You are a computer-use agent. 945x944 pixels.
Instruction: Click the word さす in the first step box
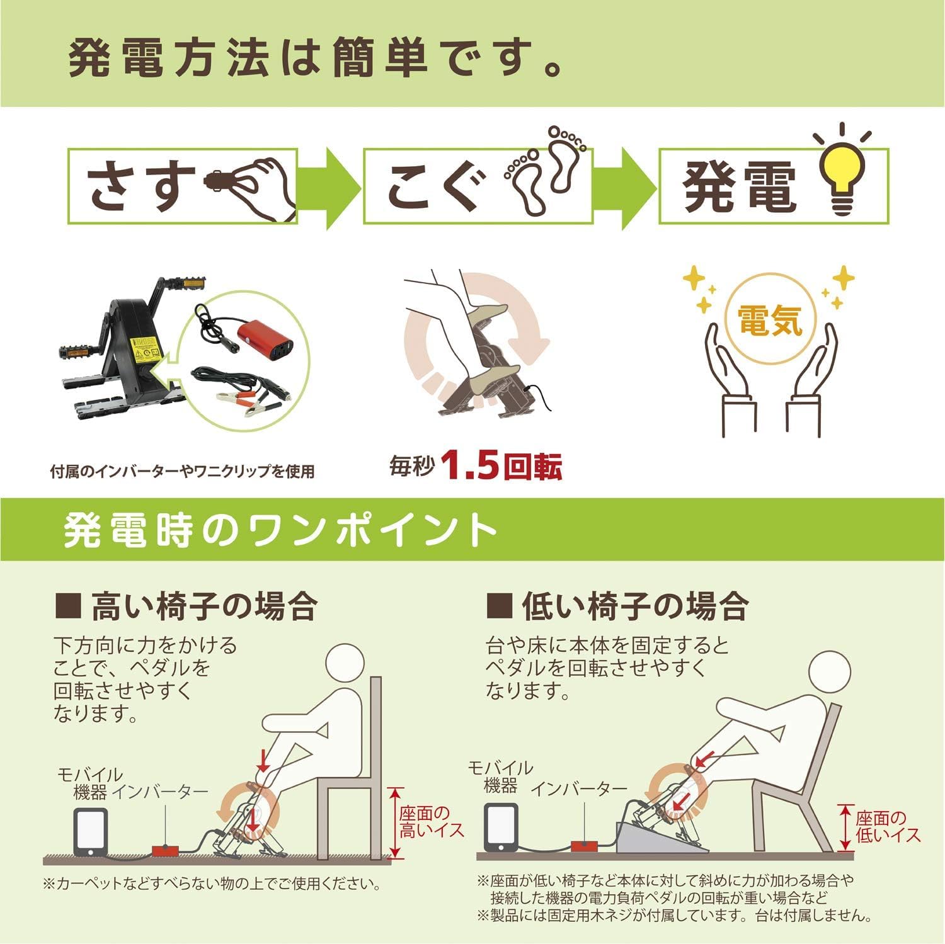pyautogui.click(x=141, y=186)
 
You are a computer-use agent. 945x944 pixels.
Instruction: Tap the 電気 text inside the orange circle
pyautogui.click(x=770, y=319)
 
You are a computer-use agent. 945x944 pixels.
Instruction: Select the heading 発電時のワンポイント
pyautogui.click(x=280, y=530)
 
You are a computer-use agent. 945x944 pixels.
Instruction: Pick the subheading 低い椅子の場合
pyautogui.click(x=617, y=606)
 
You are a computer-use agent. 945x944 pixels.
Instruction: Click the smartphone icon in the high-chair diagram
pyautogui.click(x=90, y=832)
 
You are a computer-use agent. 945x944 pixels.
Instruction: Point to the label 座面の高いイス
pyautogui.click(x=431, y=821)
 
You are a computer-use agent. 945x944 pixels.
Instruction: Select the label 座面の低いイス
pyautogui.click(x=888, y=826)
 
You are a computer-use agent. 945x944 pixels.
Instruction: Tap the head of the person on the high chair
pyautogui.click(x=345, y=665)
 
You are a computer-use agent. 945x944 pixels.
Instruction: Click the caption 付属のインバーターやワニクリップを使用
pyautogui.click(x=183, y=471)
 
